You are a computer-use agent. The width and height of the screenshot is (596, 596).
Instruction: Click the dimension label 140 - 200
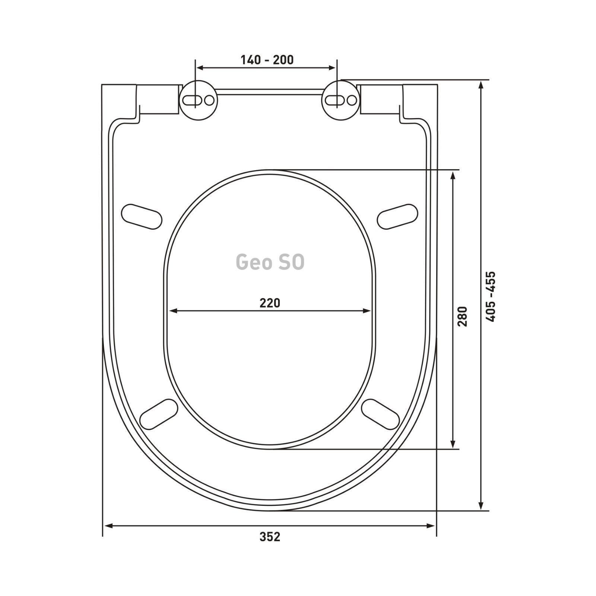coord(267,60)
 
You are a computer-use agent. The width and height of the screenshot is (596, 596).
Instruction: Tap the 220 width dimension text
coord(270,303)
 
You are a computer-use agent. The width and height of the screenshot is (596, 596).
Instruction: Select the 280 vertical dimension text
coord(462,316)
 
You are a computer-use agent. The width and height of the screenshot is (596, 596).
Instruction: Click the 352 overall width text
coord(270,537)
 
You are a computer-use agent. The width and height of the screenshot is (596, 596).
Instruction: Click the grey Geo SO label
coord(270,262)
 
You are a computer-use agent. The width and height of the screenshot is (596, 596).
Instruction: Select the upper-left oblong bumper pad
coord(142,216)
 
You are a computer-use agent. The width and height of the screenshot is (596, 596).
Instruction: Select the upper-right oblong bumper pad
coord(397,216)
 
